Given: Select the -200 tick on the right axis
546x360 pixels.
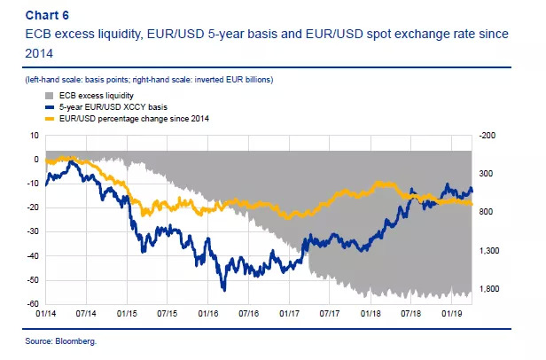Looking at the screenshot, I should click(488, 136).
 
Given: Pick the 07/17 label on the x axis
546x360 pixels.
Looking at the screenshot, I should click(330, 313).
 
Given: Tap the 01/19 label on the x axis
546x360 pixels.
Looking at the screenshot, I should click(452, 313).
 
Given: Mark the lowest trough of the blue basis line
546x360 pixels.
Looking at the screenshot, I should click(223, 289).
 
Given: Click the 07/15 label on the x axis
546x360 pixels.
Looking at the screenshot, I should click(167, 313).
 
